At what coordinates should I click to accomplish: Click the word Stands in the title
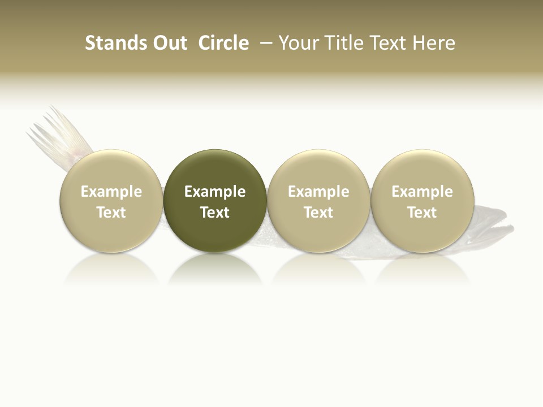click(115, 43)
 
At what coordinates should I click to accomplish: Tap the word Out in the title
click(169, 43)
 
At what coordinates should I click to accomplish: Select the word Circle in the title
click(223, 43)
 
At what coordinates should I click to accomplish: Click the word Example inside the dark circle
click(215, 192)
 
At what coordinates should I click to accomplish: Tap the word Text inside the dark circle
click(215, 213)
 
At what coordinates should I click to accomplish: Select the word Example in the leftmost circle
click(111, 192)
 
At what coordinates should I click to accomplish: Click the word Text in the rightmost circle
click(422, 213)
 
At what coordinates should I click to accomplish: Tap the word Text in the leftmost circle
click(111, 213)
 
